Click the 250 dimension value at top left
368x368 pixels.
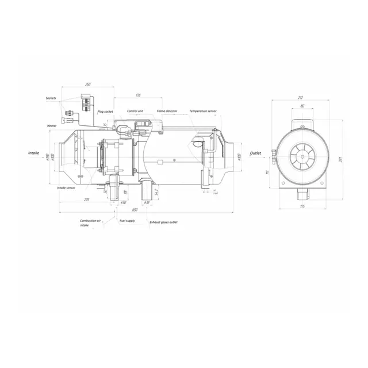tap(88, 85)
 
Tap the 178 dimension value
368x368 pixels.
tap(139, 95)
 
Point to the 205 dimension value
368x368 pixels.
tap(86, 200)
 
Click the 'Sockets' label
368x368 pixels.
tap(51, 98)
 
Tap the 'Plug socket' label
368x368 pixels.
tap(105, 112)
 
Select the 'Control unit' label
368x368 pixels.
tap(135, 110)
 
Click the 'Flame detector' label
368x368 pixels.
tap(167, 110)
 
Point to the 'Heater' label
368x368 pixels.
tap(52, 125)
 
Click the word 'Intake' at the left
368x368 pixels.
tap(34, 154)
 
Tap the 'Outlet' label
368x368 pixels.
tap(256, 154)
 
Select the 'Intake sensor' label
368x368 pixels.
tap(66, 187)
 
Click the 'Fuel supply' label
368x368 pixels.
tap(127, 221)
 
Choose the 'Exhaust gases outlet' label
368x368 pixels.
tap(163, 221)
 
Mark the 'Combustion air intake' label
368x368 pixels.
tap(90, 223)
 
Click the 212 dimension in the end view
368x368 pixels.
tap(301, 98)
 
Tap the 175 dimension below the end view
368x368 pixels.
tap(301, 205)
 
